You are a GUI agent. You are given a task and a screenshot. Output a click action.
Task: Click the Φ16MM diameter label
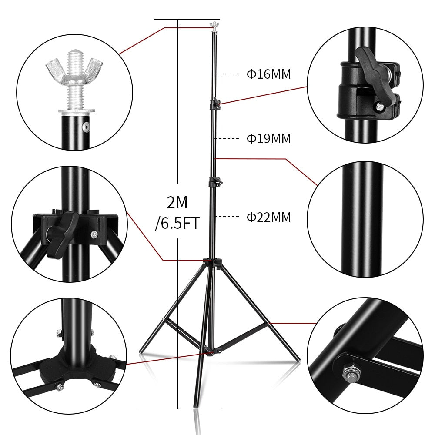pos(268,74)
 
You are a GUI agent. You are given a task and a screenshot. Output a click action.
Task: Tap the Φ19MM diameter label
pos(268,139)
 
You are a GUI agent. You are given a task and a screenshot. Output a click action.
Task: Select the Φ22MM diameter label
pos(268,217)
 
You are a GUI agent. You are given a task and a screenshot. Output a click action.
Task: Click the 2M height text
pos(177,202)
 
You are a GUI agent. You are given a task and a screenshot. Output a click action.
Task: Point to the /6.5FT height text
pos(177,224)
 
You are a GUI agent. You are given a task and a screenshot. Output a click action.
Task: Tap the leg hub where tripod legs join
pos(212,262)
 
